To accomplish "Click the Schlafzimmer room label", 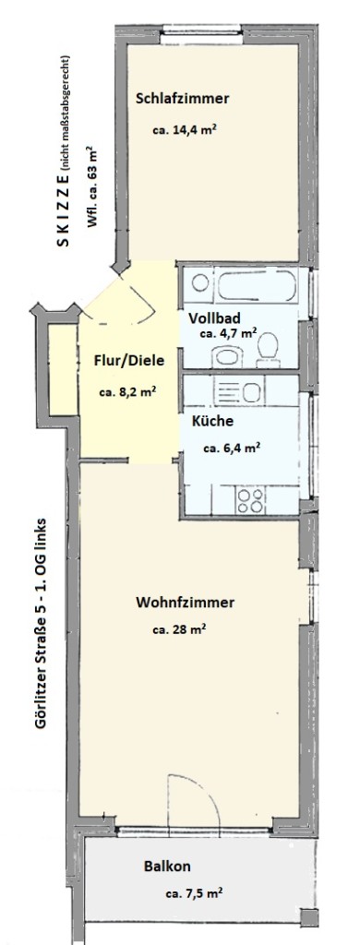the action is (x=183, y=99).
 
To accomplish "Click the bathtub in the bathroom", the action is (x=258, y=285).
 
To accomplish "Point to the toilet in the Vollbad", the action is (x=267, y=351).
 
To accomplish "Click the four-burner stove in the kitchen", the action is (x=251, y=500).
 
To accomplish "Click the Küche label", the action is (x=212, y=421).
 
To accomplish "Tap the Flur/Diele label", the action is (x=129, y=361).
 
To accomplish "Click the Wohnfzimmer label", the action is (x=185, y=602).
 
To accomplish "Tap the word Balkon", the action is (x=167, y=867).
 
